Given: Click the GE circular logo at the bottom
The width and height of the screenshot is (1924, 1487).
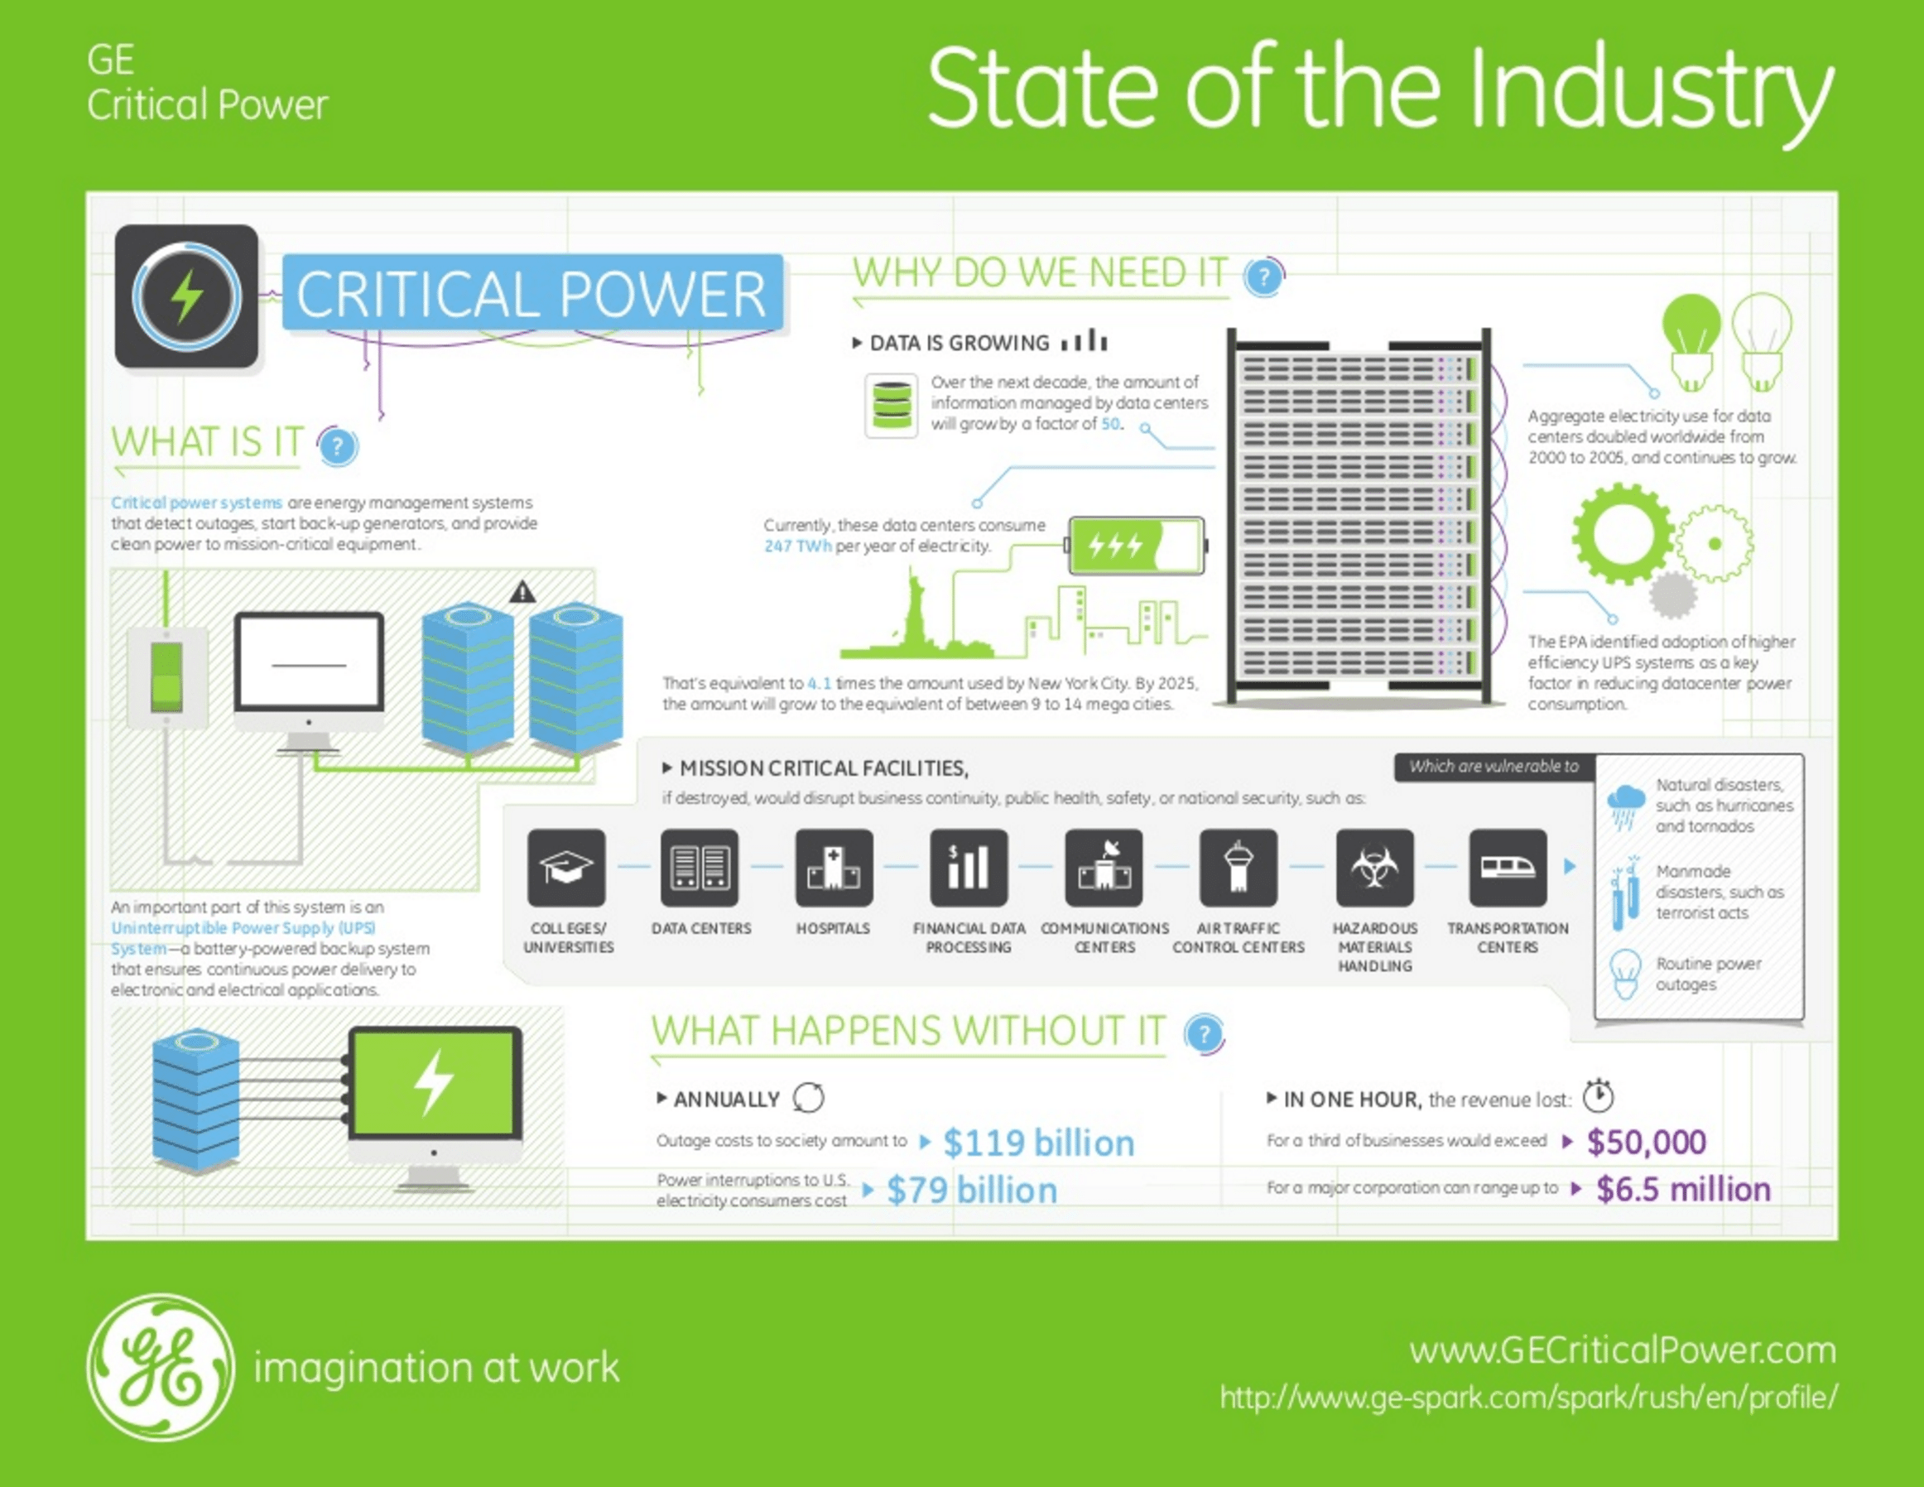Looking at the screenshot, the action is [161, 1366].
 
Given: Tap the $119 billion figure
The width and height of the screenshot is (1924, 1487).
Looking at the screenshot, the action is [1039, 1143].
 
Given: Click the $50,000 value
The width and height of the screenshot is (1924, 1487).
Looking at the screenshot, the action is [1647, 1142].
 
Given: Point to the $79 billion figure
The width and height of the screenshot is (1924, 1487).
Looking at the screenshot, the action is [972, 1190].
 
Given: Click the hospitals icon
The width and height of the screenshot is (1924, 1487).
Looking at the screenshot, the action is [835, 868].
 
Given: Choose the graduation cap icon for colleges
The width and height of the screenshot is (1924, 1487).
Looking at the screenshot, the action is [566, 868].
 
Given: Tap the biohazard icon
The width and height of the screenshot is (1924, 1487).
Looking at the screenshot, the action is [1374, 868].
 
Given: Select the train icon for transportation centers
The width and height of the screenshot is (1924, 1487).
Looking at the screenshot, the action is [1508, 868].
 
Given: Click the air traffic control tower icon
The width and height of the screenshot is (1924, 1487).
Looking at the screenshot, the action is [1239, 868].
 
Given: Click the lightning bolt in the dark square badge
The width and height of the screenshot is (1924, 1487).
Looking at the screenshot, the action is [187, 296].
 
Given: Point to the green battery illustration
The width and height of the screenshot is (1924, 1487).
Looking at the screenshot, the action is [1137, 546].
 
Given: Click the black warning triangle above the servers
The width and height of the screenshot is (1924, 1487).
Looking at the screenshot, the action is [522, 592].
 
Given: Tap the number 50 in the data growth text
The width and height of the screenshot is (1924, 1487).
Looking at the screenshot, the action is [1111, 424].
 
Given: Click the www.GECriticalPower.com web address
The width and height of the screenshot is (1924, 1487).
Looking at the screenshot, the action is [1623, 1350].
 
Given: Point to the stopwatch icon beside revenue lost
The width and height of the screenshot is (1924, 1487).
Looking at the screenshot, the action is [1598, 1096].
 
